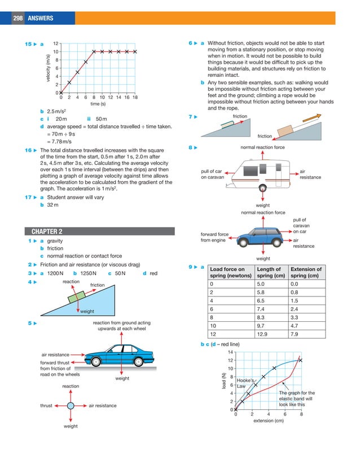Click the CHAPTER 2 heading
(x=47, y=231)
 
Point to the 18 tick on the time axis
(x=135, y=97)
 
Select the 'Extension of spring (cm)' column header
(x=305, y=273)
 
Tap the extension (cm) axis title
(x=268, y=421)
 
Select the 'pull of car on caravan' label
(x=213, y=174)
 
